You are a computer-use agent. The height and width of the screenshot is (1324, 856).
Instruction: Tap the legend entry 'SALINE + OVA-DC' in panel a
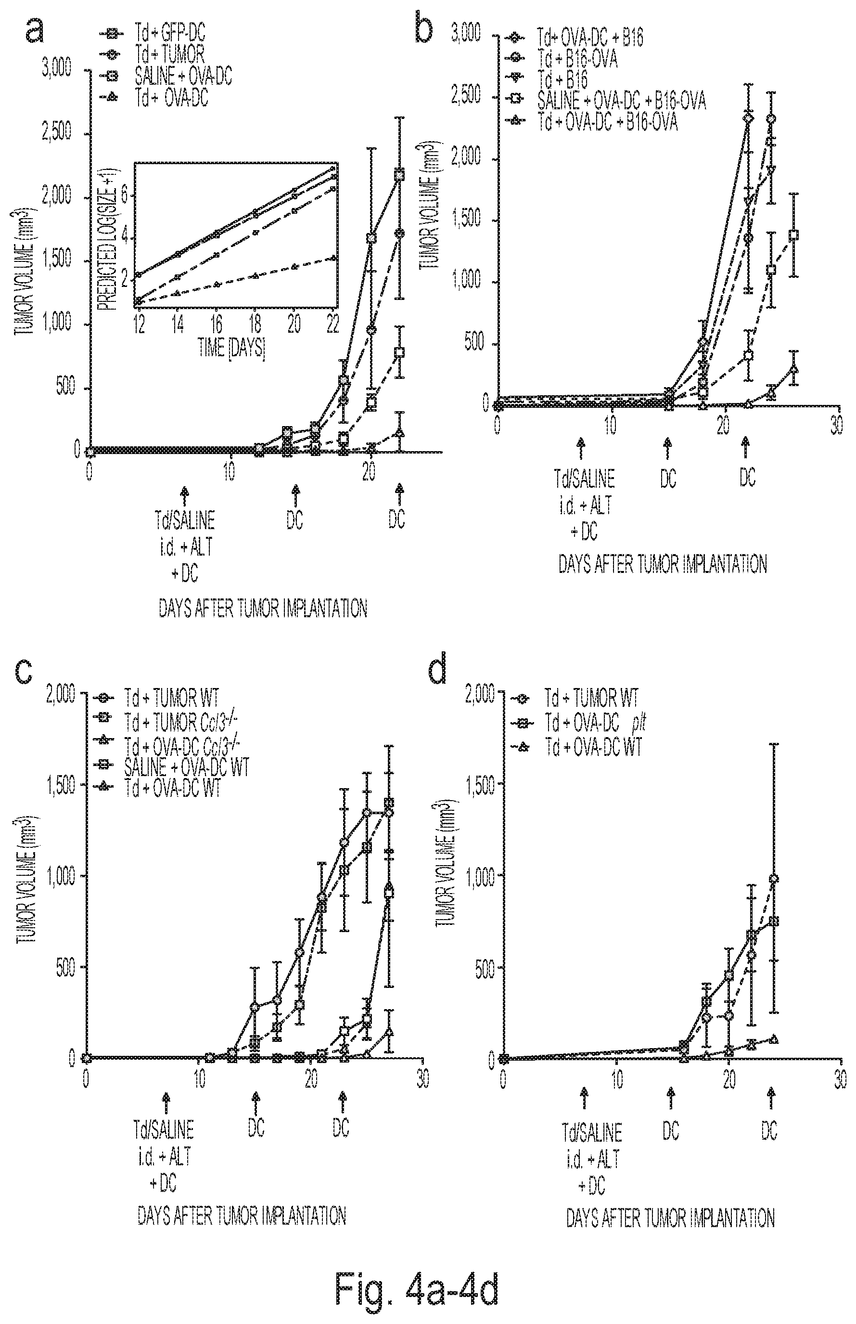coord(183,76)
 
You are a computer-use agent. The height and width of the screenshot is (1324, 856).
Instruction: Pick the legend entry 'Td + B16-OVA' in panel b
coord(577,58)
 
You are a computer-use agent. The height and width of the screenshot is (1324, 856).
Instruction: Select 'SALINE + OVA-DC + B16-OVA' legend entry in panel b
coord(622,101)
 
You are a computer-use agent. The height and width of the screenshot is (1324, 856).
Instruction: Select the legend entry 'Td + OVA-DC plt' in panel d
coord(595,722)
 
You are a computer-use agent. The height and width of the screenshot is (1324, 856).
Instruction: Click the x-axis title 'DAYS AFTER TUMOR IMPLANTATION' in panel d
coord(670,1219)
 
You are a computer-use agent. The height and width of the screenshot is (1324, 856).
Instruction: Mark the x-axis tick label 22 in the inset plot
coord(332,325)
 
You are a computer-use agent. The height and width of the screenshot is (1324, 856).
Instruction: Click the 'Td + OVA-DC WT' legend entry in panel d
coord(594,746)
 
